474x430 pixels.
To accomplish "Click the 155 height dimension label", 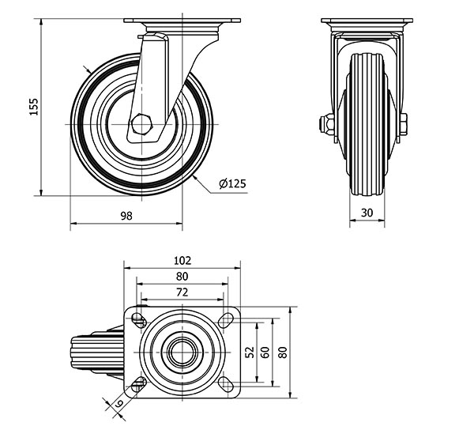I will (x=33, y=107).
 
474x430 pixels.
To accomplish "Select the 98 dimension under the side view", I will (x=126, y=216).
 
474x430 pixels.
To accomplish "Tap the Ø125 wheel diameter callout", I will (x=233, y=183).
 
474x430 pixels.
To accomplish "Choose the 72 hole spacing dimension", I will (x=182, y=292).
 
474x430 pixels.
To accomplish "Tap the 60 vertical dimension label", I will (x=266, y=352).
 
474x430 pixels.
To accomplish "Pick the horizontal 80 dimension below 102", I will (x=182, y=276).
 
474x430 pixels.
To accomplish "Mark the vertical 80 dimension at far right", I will (x=283, y=352).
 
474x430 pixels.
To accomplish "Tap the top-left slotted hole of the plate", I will (x=139, y=319).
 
